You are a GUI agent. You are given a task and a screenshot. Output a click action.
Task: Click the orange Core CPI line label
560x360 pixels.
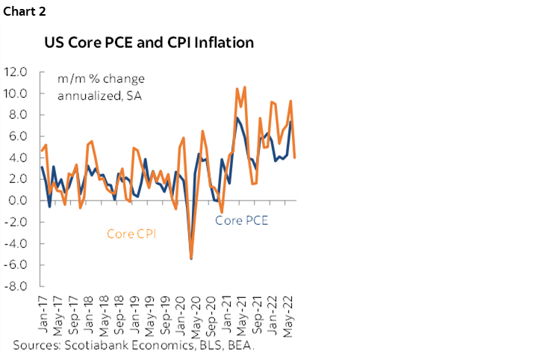tap(131, 234)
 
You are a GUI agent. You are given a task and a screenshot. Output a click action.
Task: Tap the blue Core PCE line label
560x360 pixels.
tap(241, 220)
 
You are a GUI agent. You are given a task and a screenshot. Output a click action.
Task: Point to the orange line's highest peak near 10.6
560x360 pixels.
tap(244, 87)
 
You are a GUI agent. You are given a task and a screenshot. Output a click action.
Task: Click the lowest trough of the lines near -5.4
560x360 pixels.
tap(191, 258)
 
